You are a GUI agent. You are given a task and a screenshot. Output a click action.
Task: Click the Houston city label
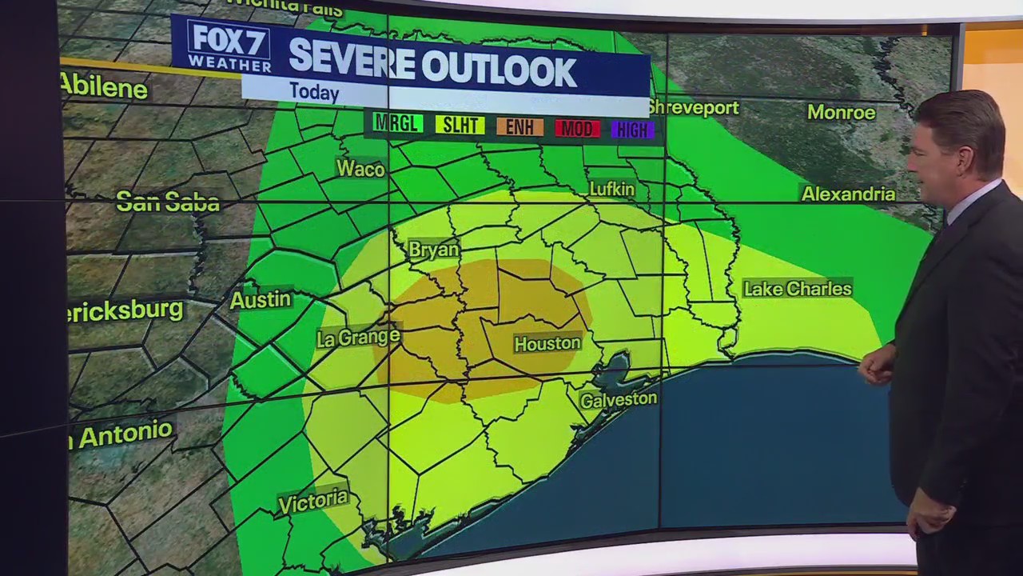tap(547, 343)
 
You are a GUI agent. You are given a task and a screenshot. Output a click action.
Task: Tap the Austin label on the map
tap(261, 299)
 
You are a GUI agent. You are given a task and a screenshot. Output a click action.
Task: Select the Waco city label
tap(360, 169)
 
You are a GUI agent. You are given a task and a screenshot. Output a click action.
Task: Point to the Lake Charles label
tap(797, 289)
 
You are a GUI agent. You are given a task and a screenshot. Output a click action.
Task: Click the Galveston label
tap(619, 399)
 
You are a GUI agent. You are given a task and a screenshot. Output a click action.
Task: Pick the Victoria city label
tap(313, 501)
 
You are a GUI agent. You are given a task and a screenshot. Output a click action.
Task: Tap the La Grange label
tap(358, 338)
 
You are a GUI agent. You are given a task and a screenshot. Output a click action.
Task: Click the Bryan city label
tap(434, 250)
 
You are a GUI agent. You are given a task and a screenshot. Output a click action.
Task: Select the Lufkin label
tap(611, 190)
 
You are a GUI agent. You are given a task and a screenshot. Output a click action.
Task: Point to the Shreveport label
tap(693, 107)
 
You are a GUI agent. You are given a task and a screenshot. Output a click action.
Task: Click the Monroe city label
tap(841, 113)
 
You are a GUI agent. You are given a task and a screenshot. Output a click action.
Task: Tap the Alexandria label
tap(848, 194)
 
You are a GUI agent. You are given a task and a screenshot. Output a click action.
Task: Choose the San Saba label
tap(168, 202)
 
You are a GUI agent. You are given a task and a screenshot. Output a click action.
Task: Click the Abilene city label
tap(104, 86)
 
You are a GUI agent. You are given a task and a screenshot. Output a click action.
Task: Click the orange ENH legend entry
tap(519, 126)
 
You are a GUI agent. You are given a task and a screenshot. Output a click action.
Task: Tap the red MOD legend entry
tap(578, 128)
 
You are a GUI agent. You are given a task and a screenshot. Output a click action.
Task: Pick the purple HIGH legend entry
tap(632, 130)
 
